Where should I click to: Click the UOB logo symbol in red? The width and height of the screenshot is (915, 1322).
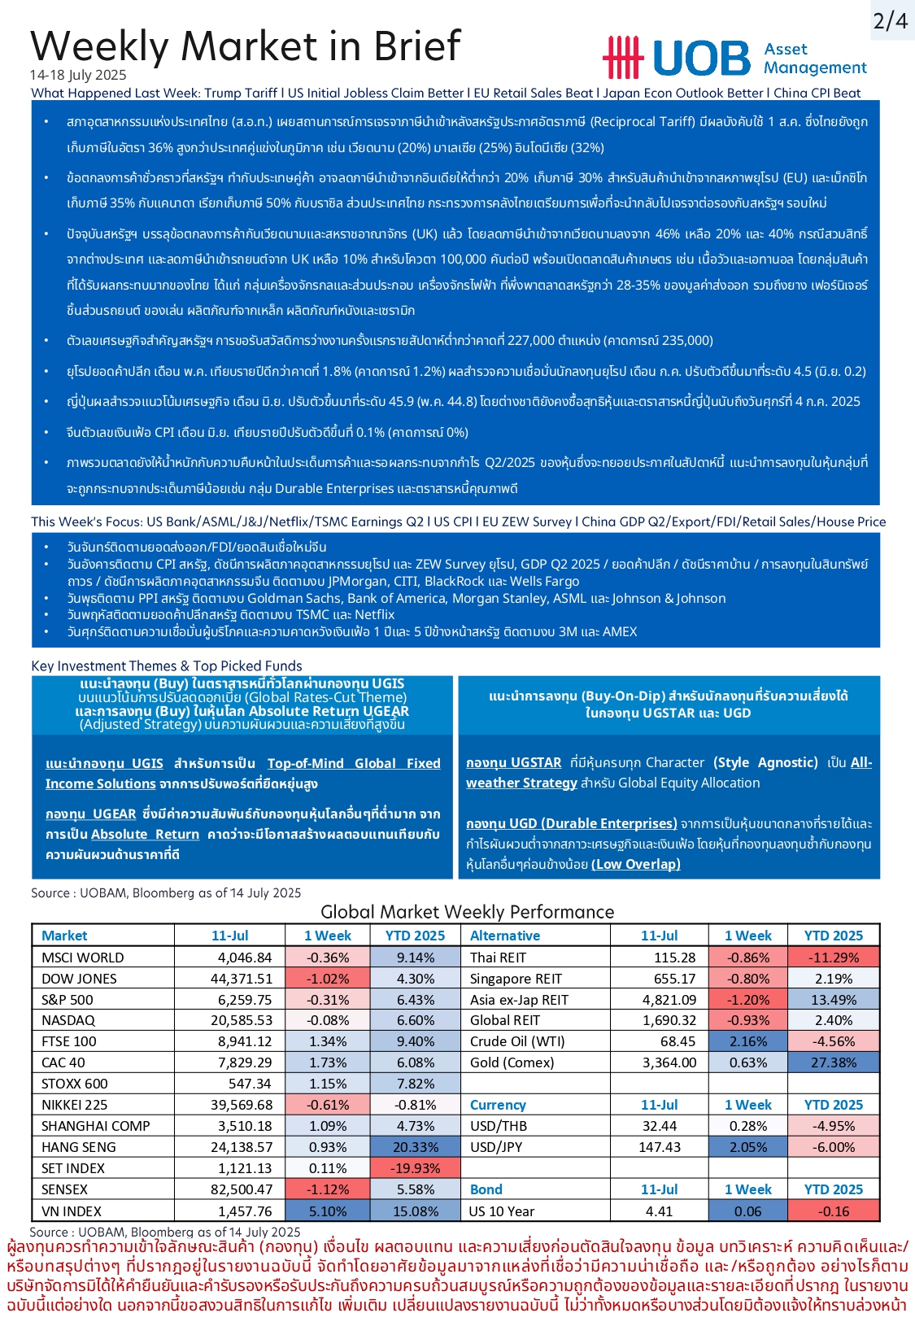pyautogui.click(x=623, y=58)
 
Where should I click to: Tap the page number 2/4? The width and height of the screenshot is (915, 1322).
pyautogui.click(x=890, y=20)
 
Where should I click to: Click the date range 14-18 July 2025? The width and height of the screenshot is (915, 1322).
pyautogui.click(x=78, y=75)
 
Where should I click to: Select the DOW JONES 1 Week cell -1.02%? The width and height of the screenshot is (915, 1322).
pyautogui.click(x=328, y=979)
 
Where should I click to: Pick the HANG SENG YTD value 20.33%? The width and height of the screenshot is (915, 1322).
pyautogui.click(x=415, y=1147)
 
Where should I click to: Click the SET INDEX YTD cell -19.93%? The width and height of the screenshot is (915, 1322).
pyautogui.click(x=415, y=1168)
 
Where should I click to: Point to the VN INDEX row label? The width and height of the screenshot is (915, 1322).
pyautogui.click(x=72, y=1211)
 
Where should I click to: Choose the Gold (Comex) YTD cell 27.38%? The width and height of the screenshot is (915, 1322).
pyautogui.click(x=833, y=1062)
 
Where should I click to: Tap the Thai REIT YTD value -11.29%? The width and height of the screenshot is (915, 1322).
pyautogui.click(x=833, y=958)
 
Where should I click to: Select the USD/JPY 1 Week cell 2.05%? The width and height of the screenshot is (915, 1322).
pyautogui.click(x=747, y=1147)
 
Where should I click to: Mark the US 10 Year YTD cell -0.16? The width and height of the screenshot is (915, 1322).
pyautogui.click(x=833, y=1211)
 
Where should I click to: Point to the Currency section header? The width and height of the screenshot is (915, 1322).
pyautogui.click(x=498, y=1105)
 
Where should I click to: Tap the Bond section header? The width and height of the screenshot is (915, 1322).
pyautogui.click(x=486, y=1189)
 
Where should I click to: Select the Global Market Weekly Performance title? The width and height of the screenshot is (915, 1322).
pyautogui.click(x=467, y=912)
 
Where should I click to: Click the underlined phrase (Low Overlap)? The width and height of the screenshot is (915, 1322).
pyautogui.click(x=635, y=864)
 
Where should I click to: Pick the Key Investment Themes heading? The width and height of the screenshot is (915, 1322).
pyautogui.click(x=166, y=665)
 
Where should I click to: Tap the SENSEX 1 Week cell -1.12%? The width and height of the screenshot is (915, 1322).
pyautogui.click(x=328, y=1189)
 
